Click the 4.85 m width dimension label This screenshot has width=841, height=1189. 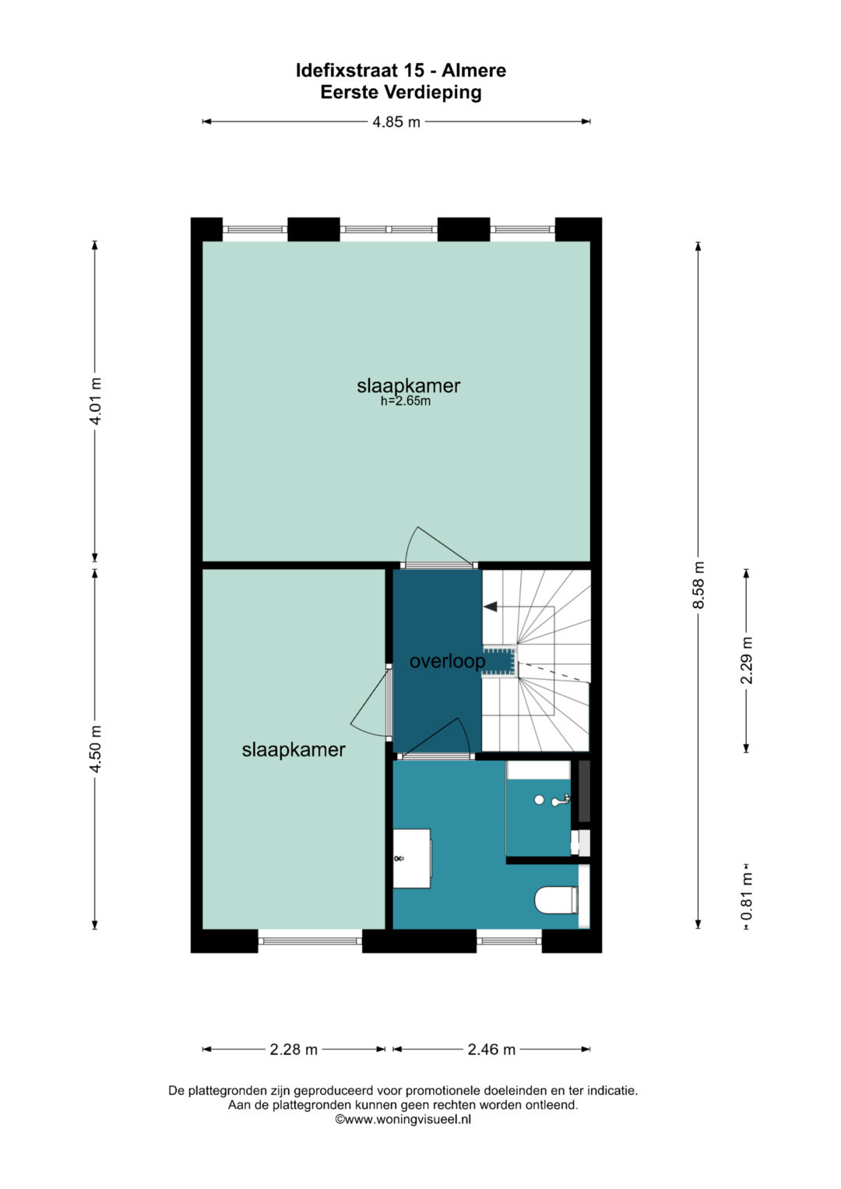tap(396, 122)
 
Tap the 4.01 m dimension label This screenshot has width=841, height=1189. tap(96, 401)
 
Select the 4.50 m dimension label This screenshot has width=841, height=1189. tap(96, 749)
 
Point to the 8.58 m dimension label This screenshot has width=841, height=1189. tap(698, 585)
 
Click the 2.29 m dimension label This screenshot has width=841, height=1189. tap(747, 660)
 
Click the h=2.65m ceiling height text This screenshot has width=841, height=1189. tap(406, 401)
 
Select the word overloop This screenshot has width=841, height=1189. tap(448, 661)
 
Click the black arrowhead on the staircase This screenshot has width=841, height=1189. tap(490, 606)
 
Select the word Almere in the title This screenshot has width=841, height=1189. tap(474, 71)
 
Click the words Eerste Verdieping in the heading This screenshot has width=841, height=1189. tap(401, 93)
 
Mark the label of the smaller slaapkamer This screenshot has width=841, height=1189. tap(294, 750)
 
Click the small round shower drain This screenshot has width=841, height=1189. tap(540, 800)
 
